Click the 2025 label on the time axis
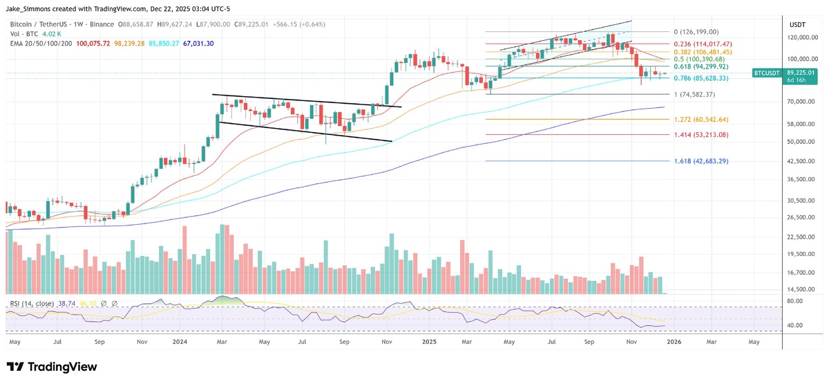pos(430,341)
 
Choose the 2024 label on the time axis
pos(180,341)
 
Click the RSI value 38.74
pos(68,304)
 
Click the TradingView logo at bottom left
pos(52,367)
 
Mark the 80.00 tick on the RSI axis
pos(794,301)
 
